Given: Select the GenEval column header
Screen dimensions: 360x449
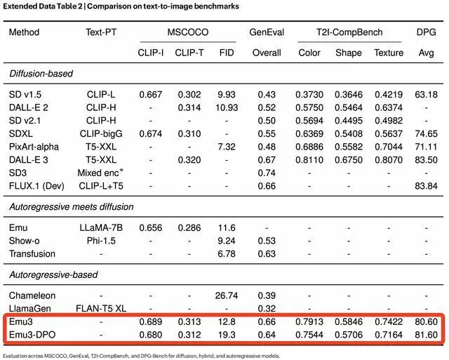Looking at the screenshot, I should point(265,32).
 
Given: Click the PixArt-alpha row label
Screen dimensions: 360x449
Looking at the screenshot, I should point(34,146).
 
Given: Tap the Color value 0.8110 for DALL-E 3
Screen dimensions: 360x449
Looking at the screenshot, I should point(309,159).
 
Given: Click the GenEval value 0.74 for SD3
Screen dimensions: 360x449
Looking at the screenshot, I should point(266,172).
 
